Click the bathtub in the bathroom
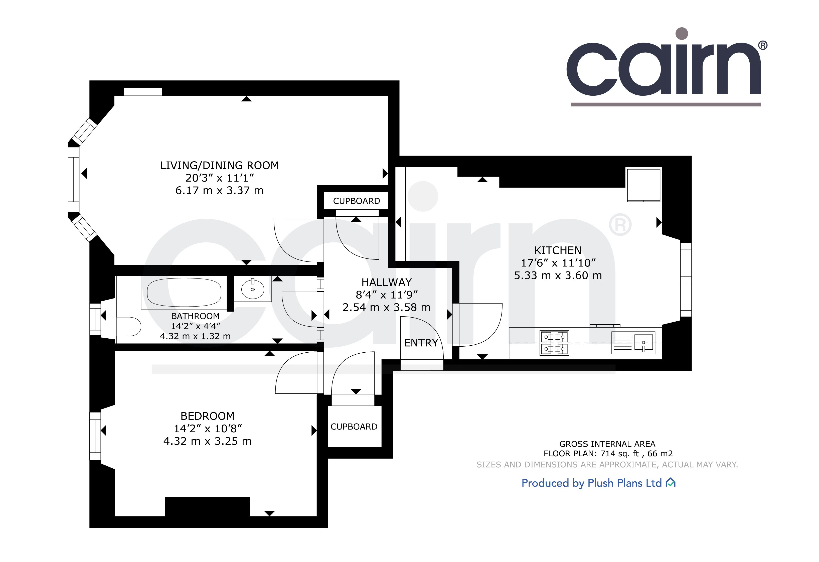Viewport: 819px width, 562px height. [x=184, y=293]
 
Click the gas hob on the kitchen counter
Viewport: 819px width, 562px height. [x=555, y=343]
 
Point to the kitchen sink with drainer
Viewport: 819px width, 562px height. [x=633, y=342]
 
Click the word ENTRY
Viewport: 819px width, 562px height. [x=421, y=343]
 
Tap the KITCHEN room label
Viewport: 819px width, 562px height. [x=558, y=250]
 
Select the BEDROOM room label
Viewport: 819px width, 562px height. [x=207, y=416]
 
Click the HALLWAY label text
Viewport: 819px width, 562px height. [x=387, y=283]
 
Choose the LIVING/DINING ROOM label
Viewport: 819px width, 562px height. [x=220, y=165]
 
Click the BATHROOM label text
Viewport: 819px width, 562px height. [x=195, y=316]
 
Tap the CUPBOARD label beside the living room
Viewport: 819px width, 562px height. [x=357, y=201]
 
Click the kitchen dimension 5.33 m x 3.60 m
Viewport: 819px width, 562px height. [x=558, y=275]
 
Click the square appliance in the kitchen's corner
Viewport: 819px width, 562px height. [x=643, y=185]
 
